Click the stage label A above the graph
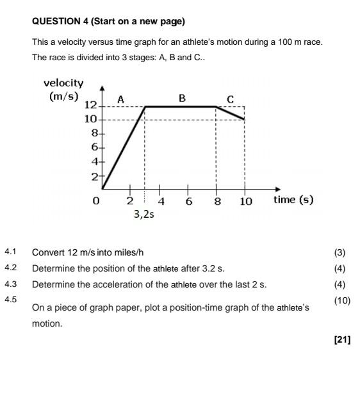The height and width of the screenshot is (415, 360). point(120,99)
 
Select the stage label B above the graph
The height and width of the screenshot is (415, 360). point(182,98)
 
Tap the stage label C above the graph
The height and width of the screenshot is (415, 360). point(231,99)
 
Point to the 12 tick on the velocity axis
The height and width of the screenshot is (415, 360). point(90,104)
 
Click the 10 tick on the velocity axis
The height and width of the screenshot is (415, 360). point(90,119)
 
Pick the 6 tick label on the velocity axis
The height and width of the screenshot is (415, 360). point(94,147)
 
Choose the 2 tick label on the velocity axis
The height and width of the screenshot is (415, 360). point(94,176)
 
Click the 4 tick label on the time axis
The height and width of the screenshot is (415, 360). point(161,201)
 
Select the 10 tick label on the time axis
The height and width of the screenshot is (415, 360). point(246,201)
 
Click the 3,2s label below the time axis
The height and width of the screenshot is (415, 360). point(144,215)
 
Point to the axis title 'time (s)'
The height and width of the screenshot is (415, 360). point(293,199)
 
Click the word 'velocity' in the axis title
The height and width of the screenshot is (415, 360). point(63,83)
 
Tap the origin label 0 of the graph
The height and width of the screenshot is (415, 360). point(96,201)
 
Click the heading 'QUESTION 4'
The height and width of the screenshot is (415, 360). point(60,22)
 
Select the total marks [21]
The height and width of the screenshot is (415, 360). point(342,339)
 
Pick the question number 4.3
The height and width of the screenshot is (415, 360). point(10,284)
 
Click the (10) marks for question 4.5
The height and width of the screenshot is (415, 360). point(342,300)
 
